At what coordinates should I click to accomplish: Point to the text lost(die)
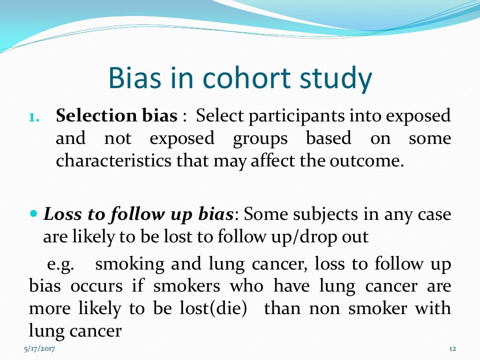[x=217, y=309]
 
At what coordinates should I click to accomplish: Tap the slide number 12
[x=452, y=349]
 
